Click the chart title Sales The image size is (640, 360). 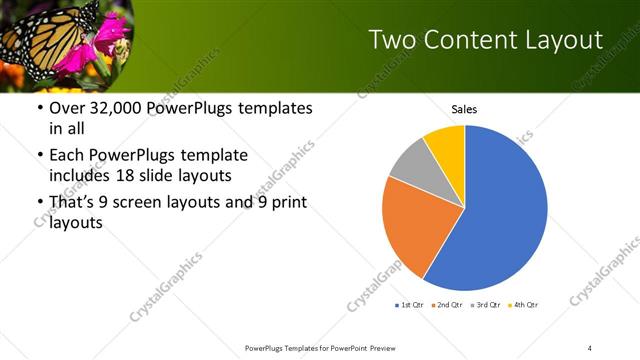(464, 108)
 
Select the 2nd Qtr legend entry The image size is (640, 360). (448, 304)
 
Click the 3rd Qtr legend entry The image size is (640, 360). (486, 304)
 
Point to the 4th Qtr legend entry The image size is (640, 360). (523, 304)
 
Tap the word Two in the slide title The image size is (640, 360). (392, 40)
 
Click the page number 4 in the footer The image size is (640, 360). (590, 347)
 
